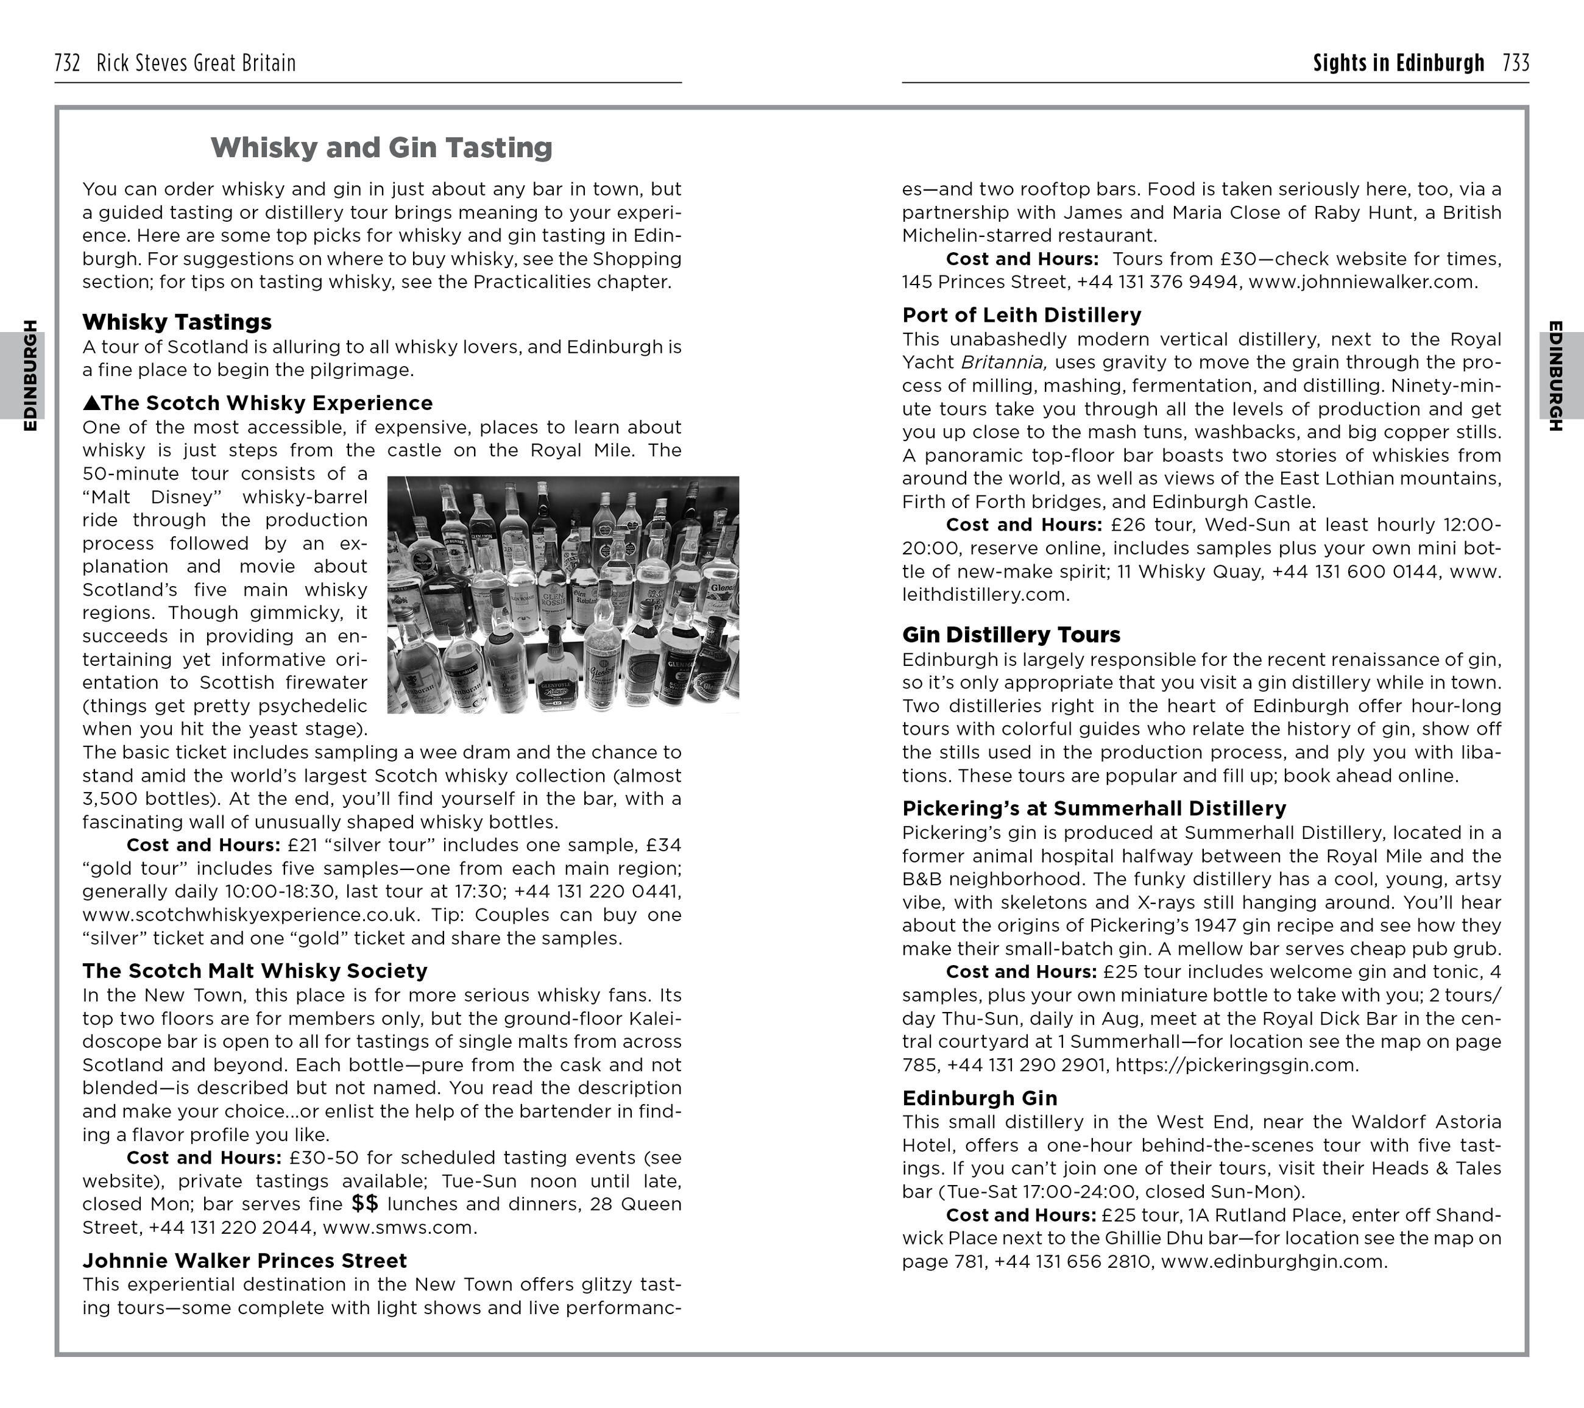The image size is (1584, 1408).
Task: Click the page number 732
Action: (68, 63)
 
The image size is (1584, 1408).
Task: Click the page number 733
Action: (1516, 63)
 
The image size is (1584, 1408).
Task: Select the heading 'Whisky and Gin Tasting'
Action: (381, 147)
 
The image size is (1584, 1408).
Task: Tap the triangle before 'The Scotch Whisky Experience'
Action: (91, 403)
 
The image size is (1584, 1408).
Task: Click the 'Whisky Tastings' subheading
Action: (177, 322)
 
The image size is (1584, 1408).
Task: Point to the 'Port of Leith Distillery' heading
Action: (1022, 314)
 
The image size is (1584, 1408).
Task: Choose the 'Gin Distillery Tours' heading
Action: (1011, 635)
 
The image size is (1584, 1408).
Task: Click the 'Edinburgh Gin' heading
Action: (980, 1098)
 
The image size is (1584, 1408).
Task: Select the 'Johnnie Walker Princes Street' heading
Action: (244, 1261)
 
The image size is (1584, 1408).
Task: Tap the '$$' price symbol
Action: (365, 1203)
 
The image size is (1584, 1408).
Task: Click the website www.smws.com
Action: (399, 1228)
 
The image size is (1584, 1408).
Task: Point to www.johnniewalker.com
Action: (1362, 282)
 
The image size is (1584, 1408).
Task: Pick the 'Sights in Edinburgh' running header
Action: (1398, 63)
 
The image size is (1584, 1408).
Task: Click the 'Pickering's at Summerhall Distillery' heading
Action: (1094, 808)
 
